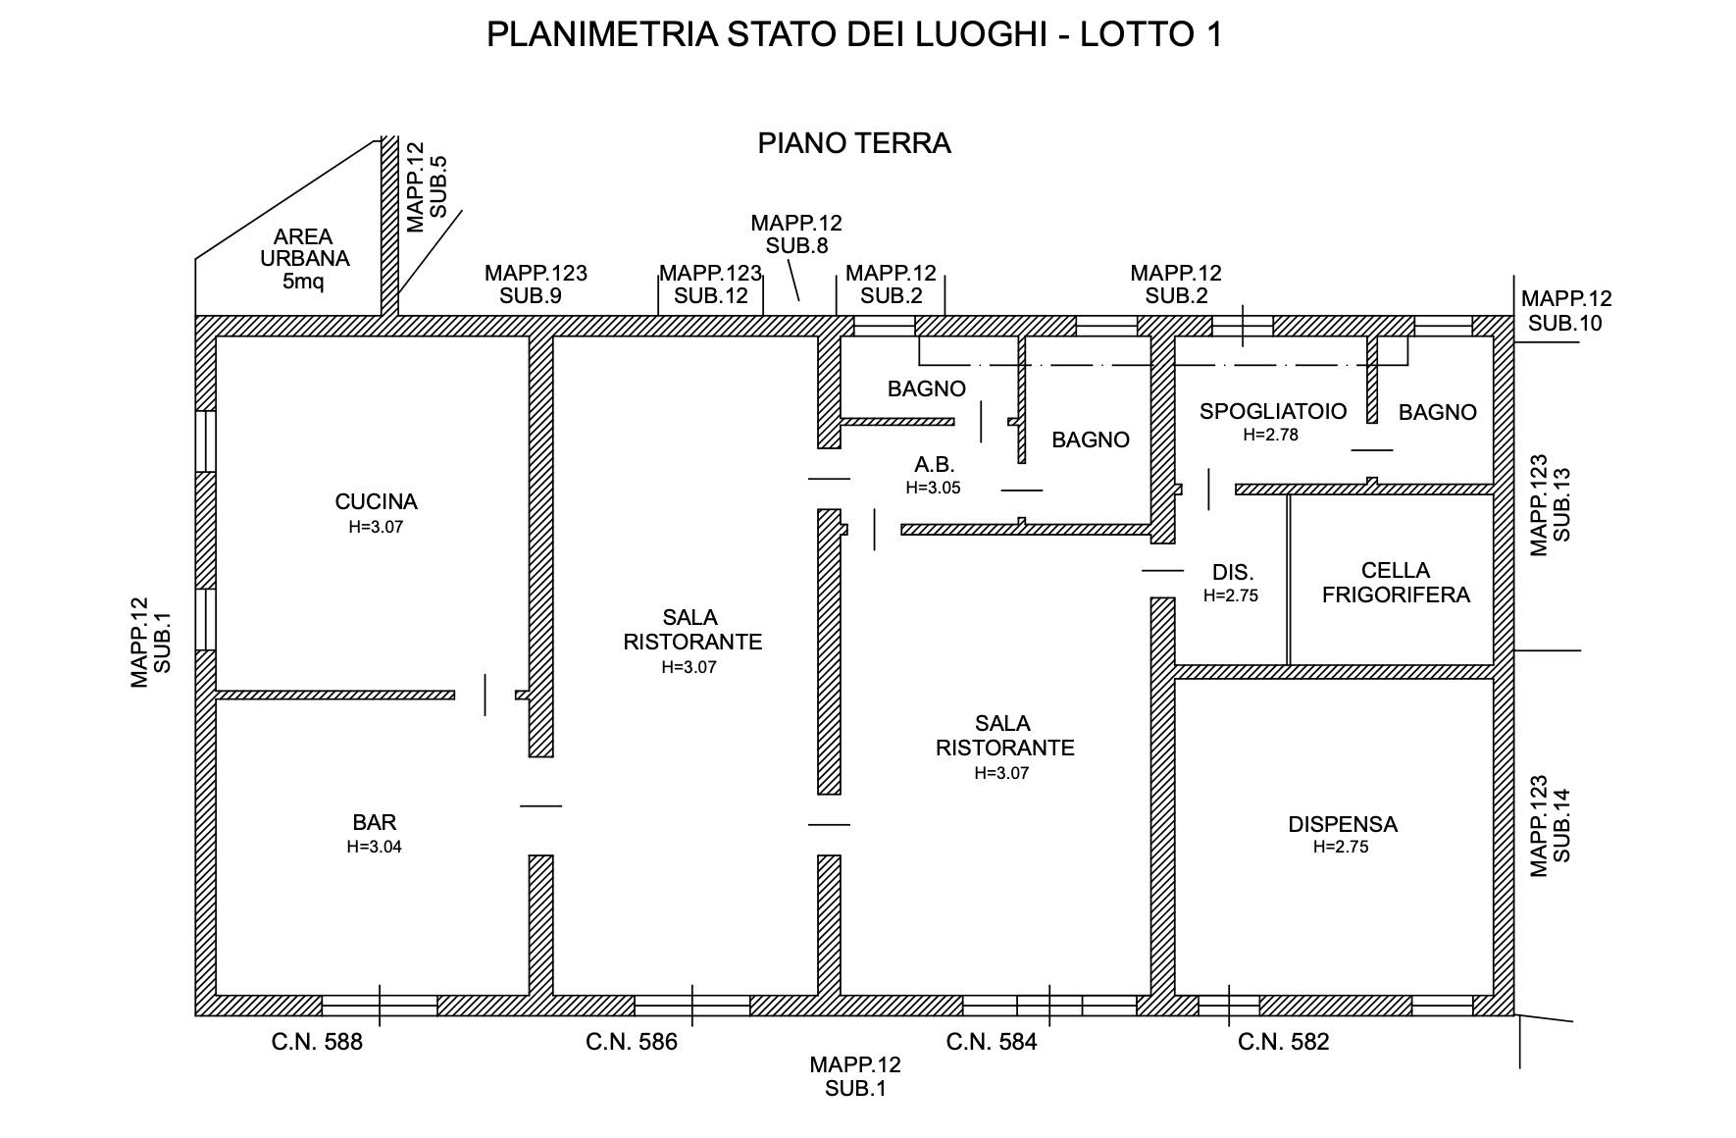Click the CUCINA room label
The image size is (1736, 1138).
click(376, 502)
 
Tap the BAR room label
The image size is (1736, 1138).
click(374, 823)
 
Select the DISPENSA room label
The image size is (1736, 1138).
click(1342, 824)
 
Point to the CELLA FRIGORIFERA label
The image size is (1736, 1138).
click(1396, 583)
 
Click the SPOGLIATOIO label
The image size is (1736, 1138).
click(1272, 411)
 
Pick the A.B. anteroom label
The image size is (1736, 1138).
click(934, 465)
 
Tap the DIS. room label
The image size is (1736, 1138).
click(1232, 573)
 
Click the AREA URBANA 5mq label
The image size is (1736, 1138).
click(304, 259)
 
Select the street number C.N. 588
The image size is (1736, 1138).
click(317, 1042)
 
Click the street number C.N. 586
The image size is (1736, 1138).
click(632, 1042)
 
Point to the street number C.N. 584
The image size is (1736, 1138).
click(992, 1042)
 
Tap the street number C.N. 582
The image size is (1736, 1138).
click(1283, 1042)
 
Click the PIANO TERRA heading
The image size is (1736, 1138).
click(854, 143)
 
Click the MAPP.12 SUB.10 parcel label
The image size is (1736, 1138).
click(1565, 311)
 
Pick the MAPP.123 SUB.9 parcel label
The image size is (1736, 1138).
click(536, 284)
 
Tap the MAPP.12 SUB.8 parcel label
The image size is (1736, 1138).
click(795, 234)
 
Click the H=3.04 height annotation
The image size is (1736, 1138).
click(374, 847)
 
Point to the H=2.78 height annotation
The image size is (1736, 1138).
click(1270, 435)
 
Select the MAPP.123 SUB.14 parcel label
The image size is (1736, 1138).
click(1551, 826)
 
